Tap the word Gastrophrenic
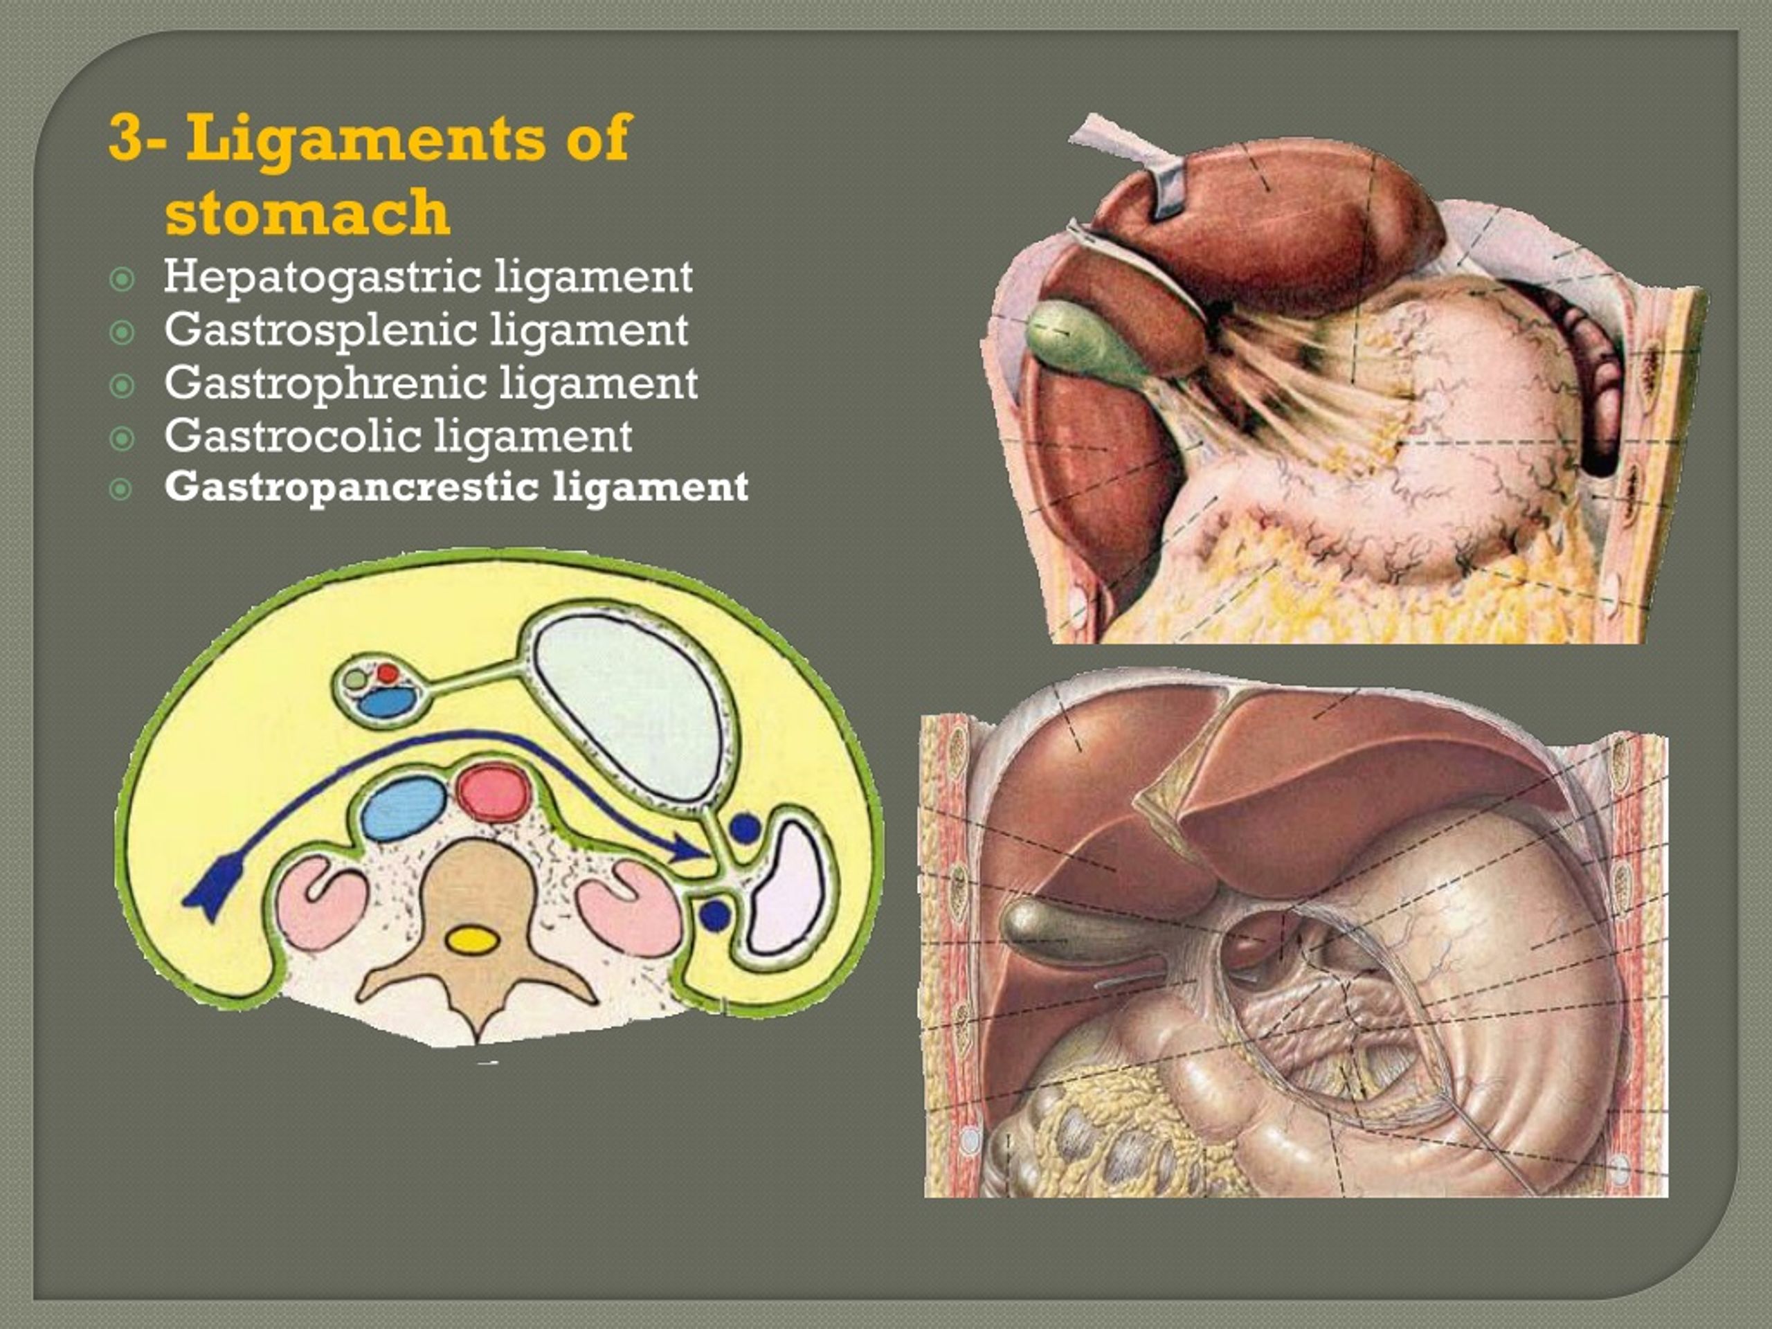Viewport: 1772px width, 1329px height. coord(325,383)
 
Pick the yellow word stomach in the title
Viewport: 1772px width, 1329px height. coord(307,213)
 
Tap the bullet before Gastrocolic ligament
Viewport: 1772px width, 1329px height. coord(122,438)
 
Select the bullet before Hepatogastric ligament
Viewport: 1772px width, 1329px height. coord(122,280)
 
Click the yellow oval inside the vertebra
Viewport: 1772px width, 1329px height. coord(473,940)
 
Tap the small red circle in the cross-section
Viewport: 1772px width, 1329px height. coord(388,673)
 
